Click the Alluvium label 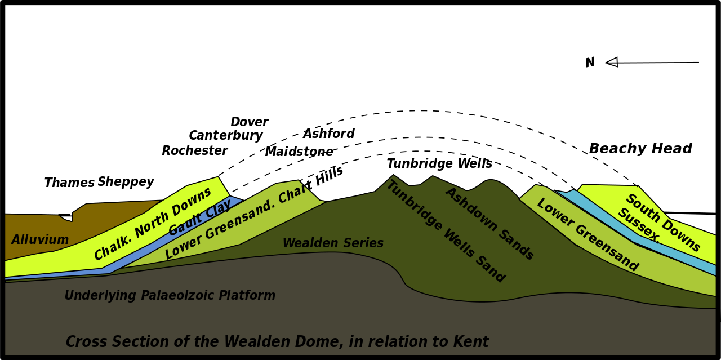point(40,240)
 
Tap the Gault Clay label point(199,219)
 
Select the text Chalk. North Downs point(153,224)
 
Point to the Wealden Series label point(333,243)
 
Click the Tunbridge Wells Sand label point(445,232)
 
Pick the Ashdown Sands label point(489,224)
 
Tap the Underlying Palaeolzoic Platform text point(170,296)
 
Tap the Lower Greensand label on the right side point(588,235)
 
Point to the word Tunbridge point(413,206)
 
